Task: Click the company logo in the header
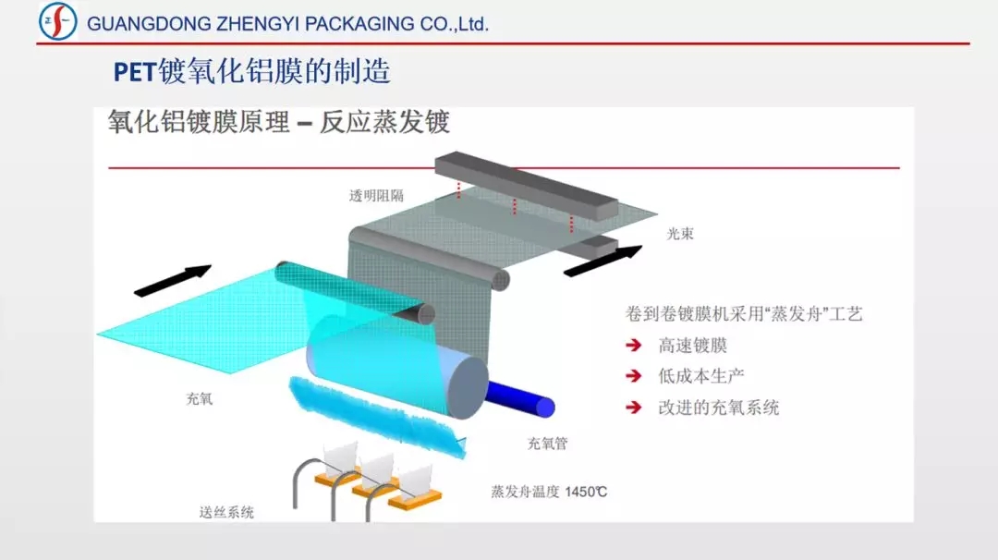(x=58, y=21)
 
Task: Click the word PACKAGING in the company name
(x=359, y=24)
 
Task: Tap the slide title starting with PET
(x=252, y=71)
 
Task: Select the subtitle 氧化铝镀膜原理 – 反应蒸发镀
(x=279, y=122)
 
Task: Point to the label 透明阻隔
(x=376, y=196)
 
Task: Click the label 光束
(x=680, y=234)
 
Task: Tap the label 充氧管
(x=547, y=444)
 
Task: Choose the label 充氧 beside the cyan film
(x=200, y=399)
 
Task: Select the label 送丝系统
(x=226, y=512)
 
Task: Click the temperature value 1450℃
(x=586, y=492)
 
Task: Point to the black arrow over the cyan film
(x=173, y=281)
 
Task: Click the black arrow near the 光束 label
(x=602, y=261)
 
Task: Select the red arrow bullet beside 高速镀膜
(x=634, y=346)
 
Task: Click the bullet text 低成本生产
(x=700, y=376)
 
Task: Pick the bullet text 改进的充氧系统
(x=719, y=408)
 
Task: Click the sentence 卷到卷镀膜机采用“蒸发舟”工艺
(x=744, y=313)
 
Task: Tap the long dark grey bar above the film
(x=527, y=185)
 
